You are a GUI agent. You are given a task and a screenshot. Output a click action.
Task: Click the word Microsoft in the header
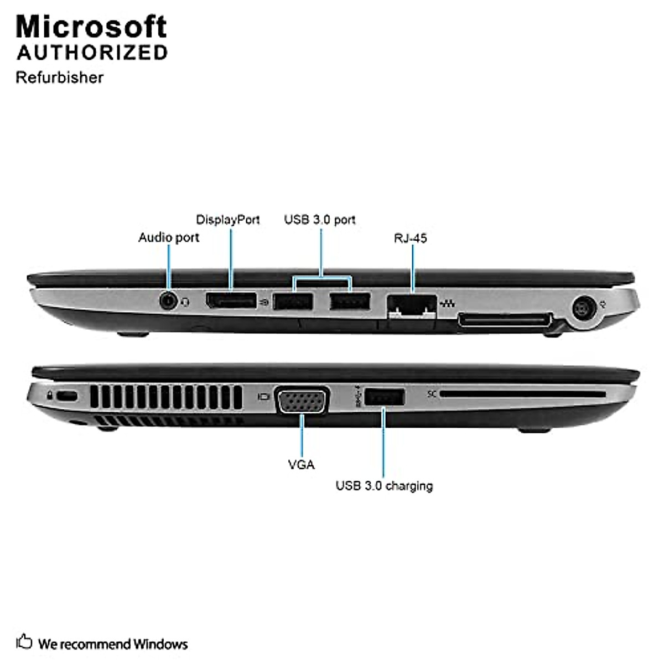(91, 27)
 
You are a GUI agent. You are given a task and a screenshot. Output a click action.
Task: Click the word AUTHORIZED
(92, 53)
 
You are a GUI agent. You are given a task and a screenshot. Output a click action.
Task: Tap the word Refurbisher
(59, 77)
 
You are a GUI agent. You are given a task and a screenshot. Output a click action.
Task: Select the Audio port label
(168, 237)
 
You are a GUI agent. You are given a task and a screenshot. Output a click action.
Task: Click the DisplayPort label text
(228, 220)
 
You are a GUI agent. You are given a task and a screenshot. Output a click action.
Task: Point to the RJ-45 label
(410, 238)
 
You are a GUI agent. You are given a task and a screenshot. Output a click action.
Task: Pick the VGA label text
(301, 465)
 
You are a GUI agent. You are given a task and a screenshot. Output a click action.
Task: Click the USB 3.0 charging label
(384, 486)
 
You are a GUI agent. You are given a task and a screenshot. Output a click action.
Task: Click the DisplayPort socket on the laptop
(231, 300)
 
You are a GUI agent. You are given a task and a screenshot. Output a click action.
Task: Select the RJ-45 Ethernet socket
(412, 305)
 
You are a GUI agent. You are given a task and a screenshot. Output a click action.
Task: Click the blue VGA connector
(303, 399)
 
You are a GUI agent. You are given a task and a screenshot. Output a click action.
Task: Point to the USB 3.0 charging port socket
(385, 397)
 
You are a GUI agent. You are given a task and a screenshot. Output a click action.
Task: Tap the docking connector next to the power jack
(505, 320)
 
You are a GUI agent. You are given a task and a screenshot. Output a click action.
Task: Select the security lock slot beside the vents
(68, 396)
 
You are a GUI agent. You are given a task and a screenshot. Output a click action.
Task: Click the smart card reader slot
(523, 395)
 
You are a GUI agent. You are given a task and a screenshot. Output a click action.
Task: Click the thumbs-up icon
(24, 642)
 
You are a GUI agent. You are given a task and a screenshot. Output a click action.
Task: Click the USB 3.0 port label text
(320, 220)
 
